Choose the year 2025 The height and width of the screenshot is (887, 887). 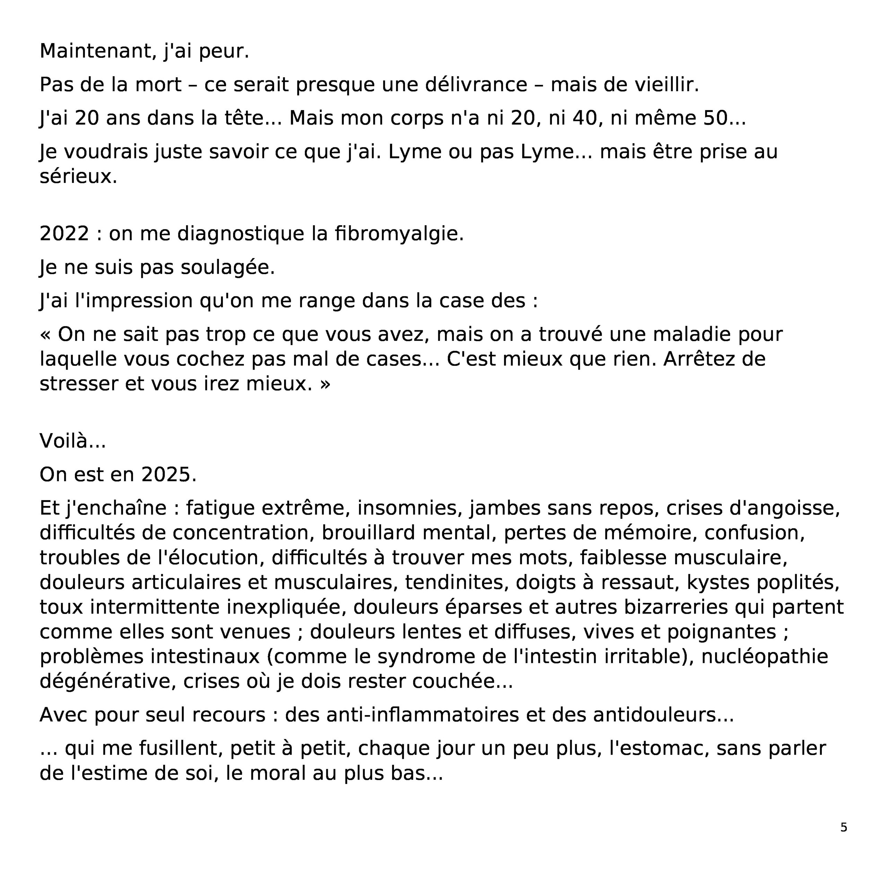pos(168,475)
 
